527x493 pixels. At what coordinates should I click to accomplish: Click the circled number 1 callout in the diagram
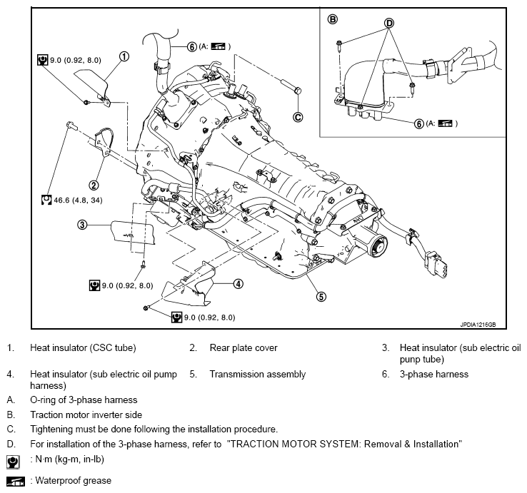[124, 56]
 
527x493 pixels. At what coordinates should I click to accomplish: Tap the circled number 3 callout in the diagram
[82, 225]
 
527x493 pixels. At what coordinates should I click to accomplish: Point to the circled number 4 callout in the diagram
[238, 283]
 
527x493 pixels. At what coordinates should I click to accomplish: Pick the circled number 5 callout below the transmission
[321, 296]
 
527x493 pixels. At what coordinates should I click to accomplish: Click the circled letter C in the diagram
[298, 117]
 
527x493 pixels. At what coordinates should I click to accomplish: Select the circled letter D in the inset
[389, 23]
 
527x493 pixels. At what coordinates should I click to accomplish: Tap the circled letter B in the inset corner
[332, 18]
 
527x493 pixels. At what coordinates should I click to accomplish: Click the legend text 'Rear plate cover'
[244, 348]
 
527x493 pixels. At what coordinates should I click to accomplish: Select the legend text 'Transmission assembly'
[257, 374]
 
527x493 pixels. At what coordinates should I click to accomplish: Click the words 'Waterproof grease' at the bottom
[71, 481]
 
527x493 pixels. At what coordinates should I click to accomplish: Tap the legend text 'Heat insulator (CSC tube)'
[83, 348]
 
